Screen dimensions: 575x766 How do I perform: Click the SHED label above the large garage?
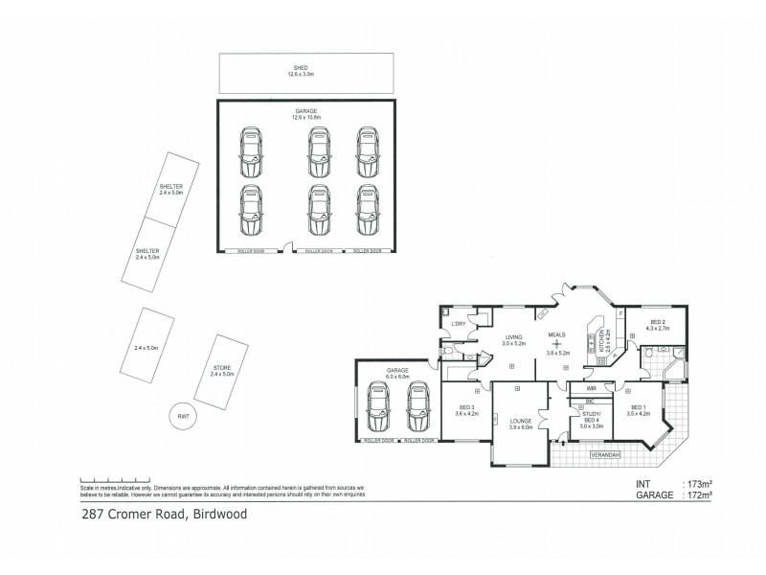click(305, 68)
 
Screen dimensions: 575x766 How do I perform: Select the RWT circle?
click(182, 416)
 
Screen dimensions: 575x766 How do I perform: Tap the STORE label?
click(221, 367)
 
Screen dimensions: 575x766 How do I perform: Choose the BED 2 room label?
click(658, 322)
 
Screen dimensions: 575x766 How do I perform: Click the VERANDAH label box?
click(605, 453)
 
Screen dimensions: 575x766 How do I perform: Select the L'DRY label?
click(458, 324)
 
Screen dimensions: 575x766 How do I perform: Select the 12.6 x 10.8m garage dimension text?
click(305, 118)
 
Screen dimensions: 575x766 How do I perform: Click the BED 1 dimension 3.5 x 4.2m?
click(638, 413)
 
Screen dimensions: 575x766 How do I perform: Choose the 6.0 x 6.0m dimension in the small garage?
click(397, 377)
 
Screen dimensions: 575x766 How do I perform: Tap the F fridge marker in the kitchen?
click(620, 313)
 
